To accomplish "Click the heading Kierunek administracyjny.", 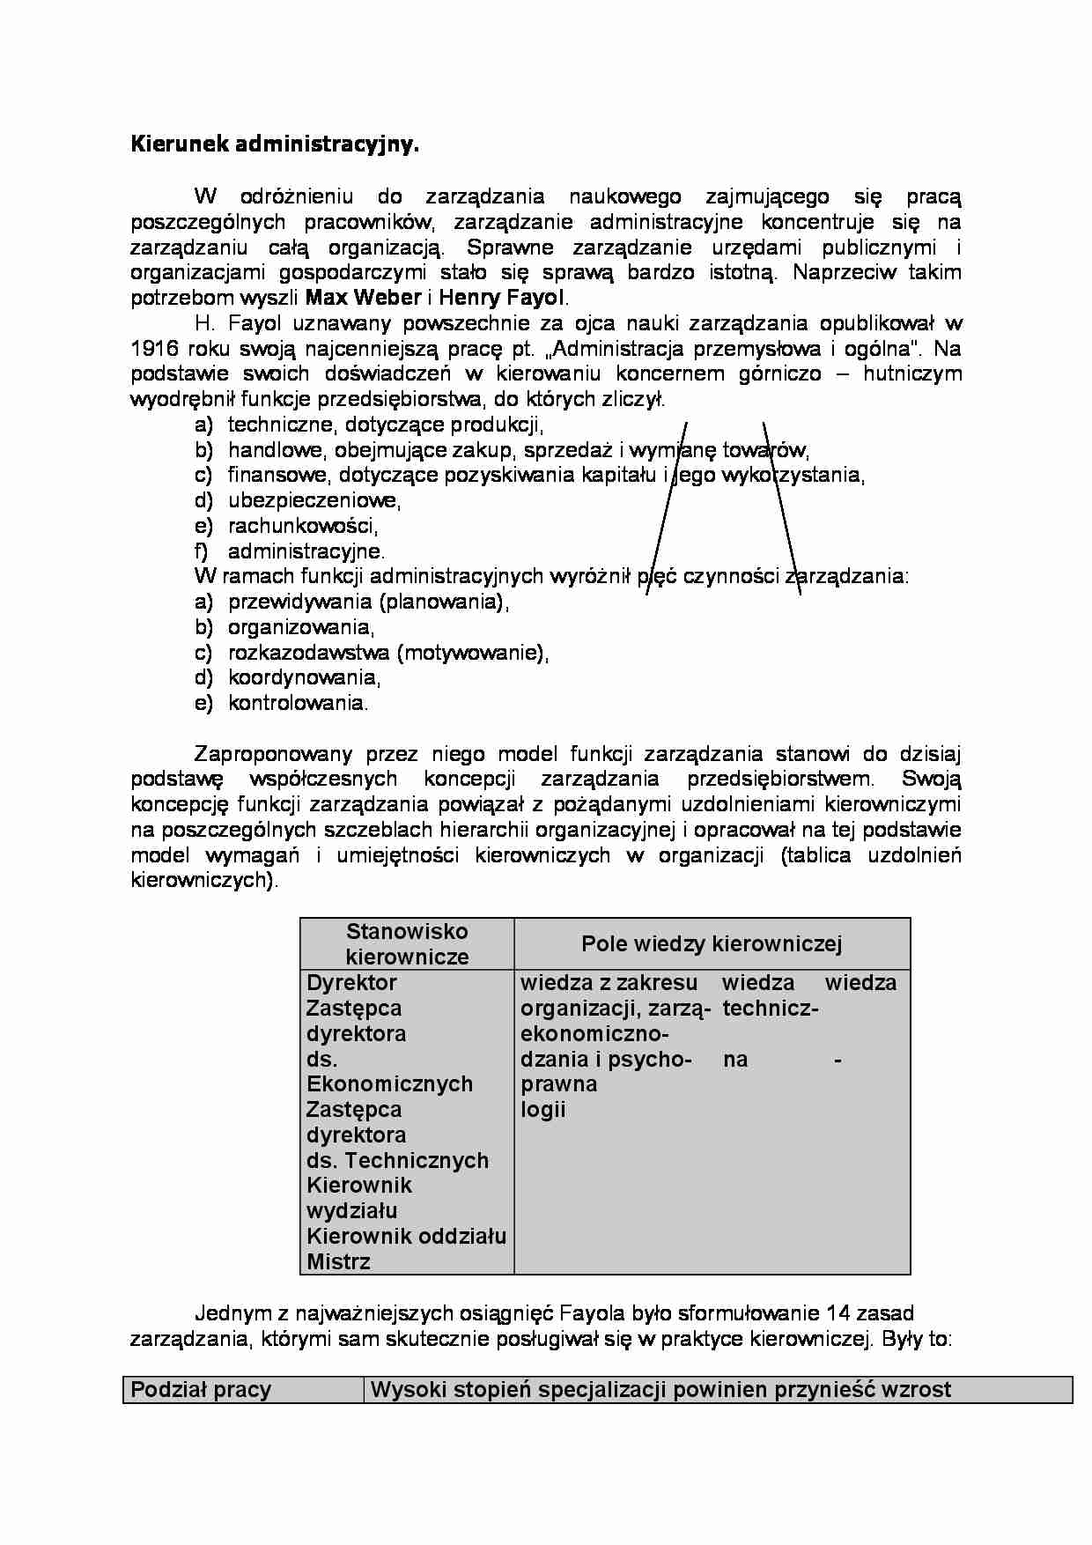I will point(275,145).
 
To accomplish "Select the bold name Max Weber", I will point(362,297).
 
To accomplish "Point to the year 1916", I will point(156,348).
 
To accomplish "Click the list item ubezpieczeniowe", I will point(314,501).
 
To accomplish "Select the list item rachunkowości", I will point(303,527).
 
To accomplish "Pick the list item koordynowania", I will point(304,678).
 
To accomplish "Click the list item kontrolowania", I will point(298,704).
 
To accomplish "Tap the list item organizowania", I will point(301,628).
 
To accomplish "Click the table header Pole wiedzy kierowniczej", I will point(712,944).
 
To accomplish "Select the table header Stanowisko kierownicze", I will point(407,944).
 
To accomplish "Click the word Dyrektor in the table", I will point(351,983).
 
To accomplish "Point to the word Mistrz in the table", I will point(338,1262).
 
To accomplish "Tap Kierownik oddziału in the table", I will point(406,1237).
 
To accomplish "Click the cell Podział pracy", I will point(201,1390).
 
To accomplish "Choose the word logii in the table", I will point(542,1110).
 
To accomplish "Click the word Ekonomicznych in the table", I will point(389,1084).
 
